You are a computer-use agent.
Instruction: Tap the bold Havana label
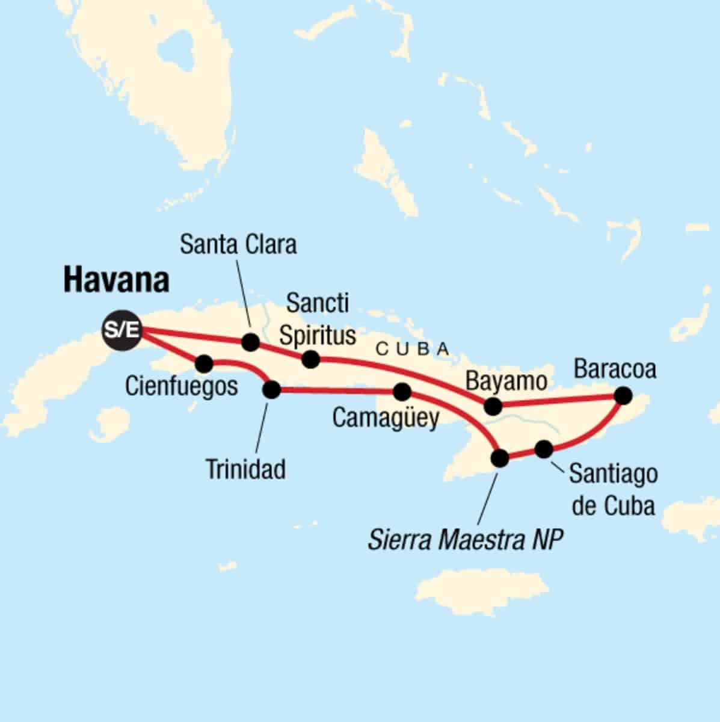pyautogui.click(x=116, y=281)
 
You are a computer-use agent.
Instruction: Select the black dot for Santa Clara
pyautogui.click(x=250, y=342)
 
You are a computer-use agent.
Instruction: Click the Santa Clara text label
pyautogui.click(x=239, y=245)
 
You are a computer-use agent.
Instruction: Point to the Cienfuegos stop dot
pyautogui.click(x=204, y=363)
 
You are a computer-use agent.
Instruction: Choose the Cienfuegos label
pyautogui.click(x=182, y=386)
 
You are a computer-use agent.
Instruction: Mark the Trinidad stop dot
pyautogui.click(x=272, y=390)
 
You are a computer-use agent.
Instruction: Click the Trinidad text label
pyautogui.click(x=245, y=469)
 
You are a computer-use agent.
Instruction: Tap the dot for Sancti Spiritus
pyautogui.click(x=310, y=359)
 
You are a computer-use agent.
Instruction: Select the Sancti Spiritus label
pyautogui.click(x=318, y=319)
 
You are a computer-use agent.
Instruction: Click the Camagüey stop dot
pyautogui.click(x=402, y=392)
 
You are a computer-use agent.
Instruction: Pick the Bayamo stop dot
pyautogui.click(x=493, y=406)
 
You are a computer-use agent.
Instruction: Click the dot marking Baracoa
pyautogui.click(x=623, y=395)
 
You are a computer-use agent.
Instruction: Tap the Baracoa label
pyautogui.click(x=615, y=369)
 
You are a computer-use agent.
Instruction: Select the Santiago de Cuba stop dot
pyautogui.click(x=543, y=449)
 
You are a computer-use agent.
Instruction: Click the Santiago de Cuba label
pyautogui.click(x=613, y=490)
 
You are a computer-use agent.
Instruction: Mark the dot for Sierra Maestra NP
pyautogui.click(x=500, y=458)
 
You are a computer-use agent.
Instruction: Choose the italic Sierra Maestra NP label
pyautogui.click(x=466, y=540)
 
